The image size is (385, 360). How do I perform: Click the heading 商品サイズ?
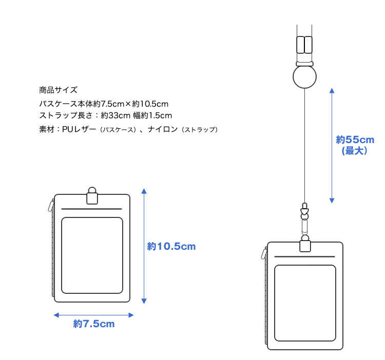58,90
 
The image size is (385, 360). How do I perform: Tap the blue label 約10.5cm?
171,247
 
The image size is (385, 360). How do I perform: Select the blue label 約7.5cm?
94,324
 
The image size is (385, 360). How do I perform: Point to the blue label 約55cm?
355,139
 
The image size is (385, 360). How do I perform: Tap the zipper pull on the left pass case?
51,205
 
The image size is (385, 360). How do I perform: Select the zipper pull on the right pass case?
264,253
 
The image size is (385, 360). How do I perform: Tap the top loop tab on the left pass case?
92,197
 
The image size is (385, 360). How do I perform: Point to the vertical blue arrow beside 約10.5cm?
144,246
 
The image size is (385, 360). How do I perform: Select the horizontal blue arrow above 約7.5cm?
93,314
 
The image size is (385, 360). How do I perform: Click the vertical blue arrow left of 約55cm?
332,145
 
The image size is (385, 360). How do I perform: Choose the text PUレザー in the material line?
79,129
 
